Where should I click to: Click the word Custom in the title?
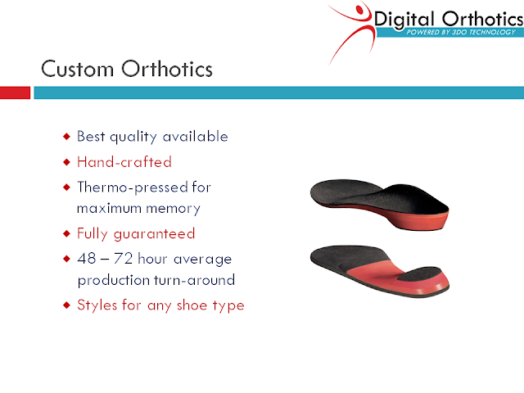(77, 69)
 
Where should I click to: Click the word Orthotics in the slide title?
(167, 69)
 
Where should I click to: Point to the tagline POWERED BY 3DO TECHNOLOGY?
(461, 32)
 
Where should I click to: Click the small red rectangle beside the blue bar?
(15, 93)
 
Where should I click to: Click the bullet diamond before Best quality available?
(67, 137)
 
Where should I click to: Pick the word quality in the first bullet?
(133, 138)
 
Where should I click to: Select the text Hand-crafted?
(124, 162)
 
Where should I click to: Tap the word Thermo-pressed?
(133, 187)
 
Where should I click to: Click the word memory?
(173, 209)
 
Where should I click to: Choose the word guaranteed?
(154, 234)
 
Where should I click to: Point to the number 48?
(87, 259)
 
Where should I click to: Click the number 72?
(123, 259)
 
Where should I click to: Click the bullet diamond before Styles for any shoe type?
(67, 305)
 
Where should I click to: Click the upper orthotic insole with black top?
(379, 204)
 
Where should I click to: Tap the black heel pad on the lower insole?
(420, 273)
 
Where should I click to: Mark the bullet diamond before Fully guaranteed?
(67, 233)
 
